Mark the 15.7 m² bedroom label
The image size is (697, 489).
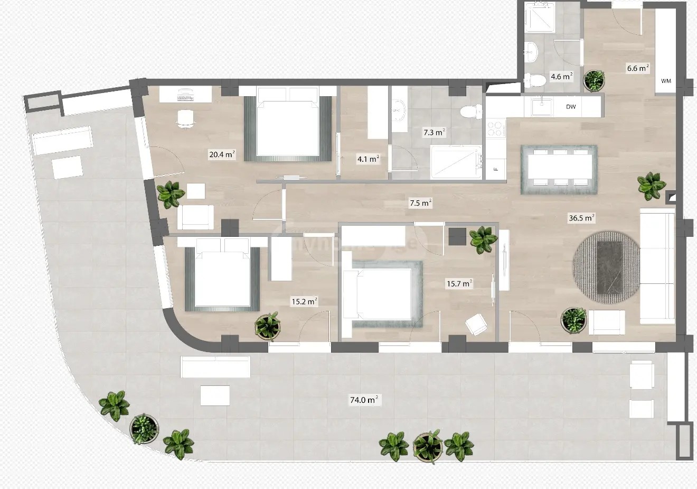pos(459,284)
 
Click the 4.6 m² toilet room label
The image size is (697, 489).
pos(561,77)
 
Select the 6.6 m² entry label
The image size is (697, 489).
pos(637,68)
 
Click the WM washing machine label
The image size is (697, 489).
pos(666,81)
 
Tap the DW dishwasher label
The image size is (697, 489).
pos(571,107)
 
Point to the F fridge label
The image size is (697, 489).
pos(496,170)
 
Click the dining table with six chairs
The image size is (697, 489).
pos(559,169)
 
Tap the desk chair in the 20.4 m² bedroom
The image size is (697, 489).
pos(184,118)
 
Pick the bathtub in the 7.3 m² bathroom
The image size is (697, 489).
pos(456,161)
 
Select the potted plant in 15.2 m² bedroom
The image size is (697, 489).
pos(267,326)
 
